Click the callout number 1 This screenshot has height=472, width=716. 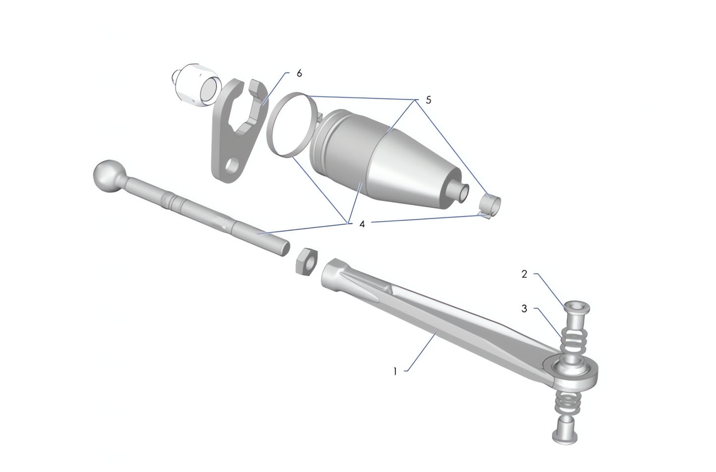[395, 371]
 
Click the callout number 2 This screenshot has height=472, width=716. [524, 274]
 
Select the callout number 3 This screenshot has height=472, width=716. [524, 309]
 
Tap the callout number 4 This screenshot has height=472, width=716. [362, 224]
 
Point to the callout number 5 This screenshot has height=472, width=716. [428, 100]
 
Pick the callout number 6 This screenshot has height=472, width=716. [299, 73]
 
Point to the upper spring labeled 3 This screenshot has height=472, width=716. [572, 341]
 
